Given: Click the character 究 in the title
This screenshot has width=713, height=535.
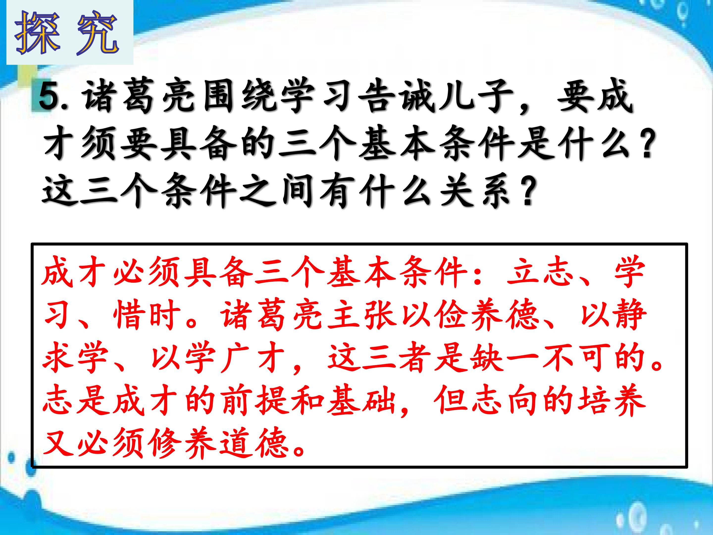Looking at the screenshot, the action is (97, 33).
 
